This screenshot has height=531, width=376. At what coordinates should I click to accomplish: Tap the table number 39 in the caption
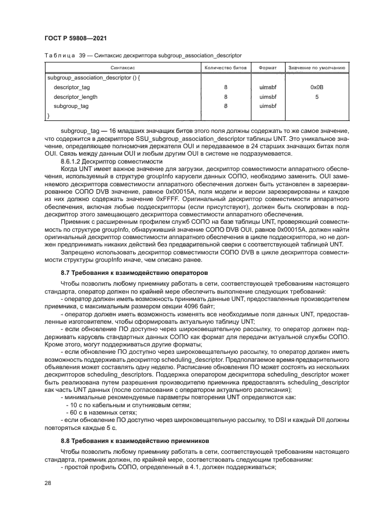pyautogui.click(x=80, y=56)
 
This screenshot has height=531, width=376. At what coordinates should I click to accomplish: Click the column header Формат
pyautogui.click(x=267, y=68)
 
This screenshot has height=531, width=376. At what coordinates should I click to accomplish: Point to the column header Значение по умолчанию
pyautogui.click(x=317, y=68)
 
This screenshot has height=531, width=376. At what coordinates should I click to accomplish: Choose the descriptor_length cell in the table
pyautogui.click(x=76, y=97)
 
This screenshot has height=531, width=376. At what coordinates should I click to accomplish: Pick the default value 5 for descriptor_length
pyautogui.click(x=317, y=97)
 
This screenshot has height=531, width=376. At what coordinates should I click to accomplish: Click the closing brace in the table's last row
pyautogui.click(x=48, y=115)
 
